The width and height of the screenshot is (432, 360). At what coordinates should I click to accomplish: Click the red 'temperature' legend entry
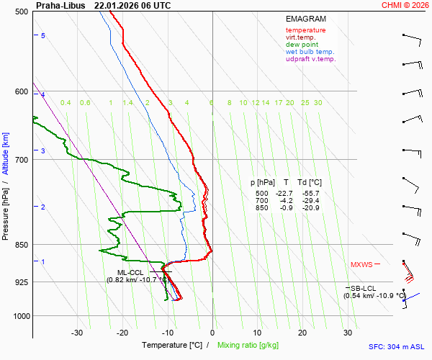(x=305, y=30)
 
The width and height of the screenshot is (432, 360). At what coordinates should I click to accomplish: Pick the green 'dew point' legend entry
(x=302, y=45)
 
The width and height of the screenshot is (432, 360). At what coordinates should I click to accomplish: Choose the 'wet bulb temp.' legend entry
(x=310, y=52)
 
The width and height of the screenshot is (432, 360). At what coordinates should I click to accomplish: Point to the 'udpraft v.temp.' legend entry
(x=310, y=59)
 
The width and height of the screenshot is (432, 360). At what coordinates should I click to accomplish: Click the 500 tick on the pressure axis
(x=22, y=12)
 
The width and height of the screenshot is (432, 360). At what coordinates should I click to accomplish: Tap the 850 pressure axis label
(x=22, y=245)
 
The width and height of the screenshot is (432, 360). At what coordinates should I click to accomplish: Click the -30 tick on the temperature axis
(x=77, y=333)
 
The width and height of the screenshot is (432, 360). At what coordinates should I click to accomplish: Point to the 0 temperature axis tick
(x=212, y=333)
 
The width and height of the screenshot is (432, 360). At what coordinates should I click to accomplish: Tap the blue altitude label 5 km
(x=43, y=35)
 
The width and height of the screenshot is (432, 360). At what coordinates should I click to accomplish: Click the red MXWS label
(x=361, y=265)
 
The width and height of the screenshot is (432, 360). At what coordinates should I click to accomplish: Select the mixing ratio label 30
(x=318, y=103)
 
